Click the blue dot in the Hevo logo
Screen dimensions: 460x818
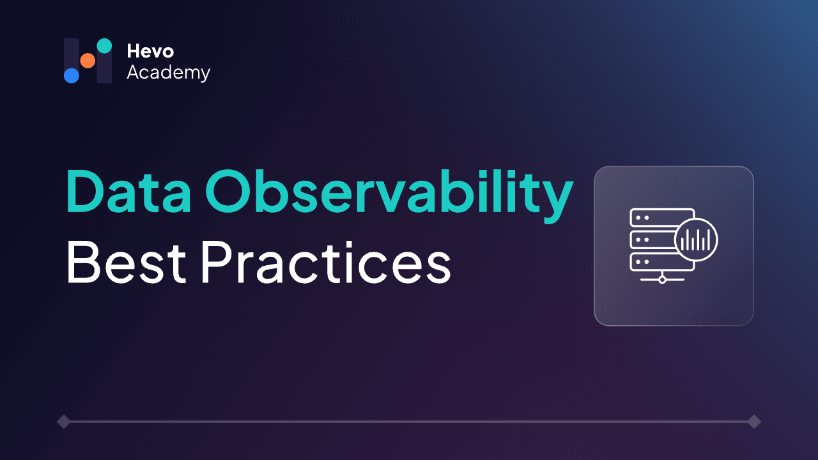[72, 75]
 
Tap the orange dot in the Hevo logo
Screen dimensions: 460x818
[88, 61]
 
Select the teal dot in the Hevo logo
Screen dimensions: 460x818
[104, 46]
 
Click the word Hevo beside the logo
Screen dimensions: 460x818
[150, 51]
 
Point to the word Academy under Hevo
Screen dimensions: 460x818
[168, 73]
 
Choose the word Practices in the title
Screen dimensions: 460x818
[325, 262]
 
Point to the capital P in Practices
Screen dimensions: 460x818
[217, 262]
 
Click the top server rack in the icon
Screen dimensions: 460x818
[661, 218]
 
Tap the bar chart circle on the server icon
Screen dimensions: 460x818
[696, 240]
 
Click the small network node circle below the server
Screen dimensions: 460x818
[662, 279]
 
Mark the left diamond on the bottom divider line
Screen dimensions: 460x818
[63, 422]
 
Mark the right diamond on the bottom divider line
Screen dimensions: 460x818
[754, 422]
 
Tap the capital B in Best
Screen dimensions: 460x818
[82, 262]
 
